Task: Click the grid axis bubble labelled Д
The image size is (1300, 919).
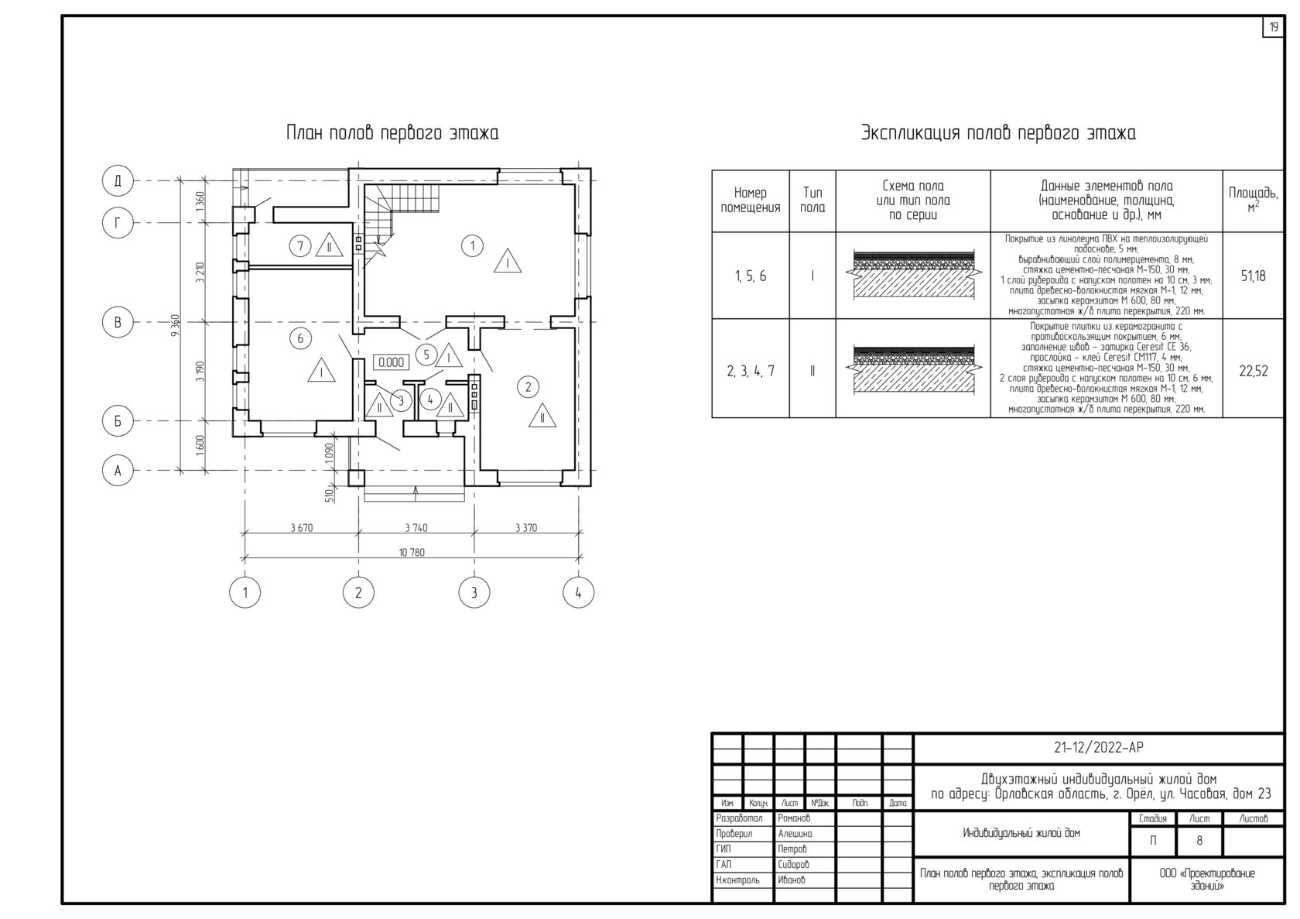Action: point(118,181)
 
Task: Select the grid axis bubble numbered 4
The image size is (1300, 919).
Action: point(578,593)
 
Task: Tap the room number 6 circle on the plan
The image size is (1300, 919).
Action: point(300,338)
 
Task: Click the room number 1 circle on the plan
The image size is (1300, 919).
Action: point(472,246)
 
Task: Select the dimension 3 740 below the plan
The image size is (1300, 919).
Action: point(416,528)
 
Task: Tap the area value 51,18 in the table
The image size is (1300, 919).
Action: point(1253,276)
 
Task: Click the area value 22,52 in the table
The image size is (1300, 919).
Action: point(1253,371)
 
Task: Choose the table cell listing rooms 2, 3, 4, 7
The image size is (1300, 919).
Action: point(750,371)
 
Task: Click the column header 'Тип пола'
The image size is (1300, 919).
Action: point(812,201)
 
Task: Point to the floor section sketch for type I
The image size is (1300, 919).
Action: point(913,276)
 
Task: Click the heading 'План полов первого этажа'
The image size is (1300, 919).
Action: point(392,133)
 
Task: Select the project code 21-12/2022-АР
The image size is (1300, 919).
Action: point(1098,747)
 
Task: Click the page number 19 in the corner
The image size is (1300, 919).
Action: point(1273,27)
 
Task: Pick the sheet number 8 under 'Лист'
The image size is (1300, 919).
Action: point(1199,840)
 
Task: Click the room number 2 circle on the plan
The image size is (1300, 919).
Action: point(528,387)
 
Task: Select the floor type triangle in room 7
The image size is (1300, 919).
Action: point(328,246)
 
